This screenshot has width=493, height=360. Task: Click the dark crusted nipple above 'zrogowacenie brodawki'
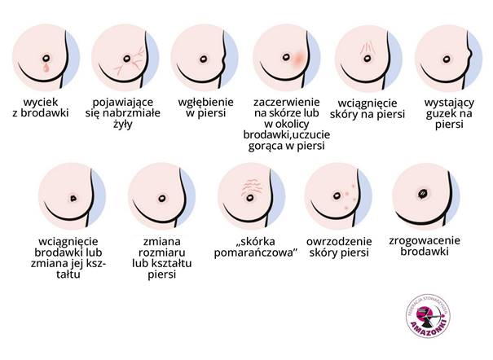[x=424, y=193]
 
